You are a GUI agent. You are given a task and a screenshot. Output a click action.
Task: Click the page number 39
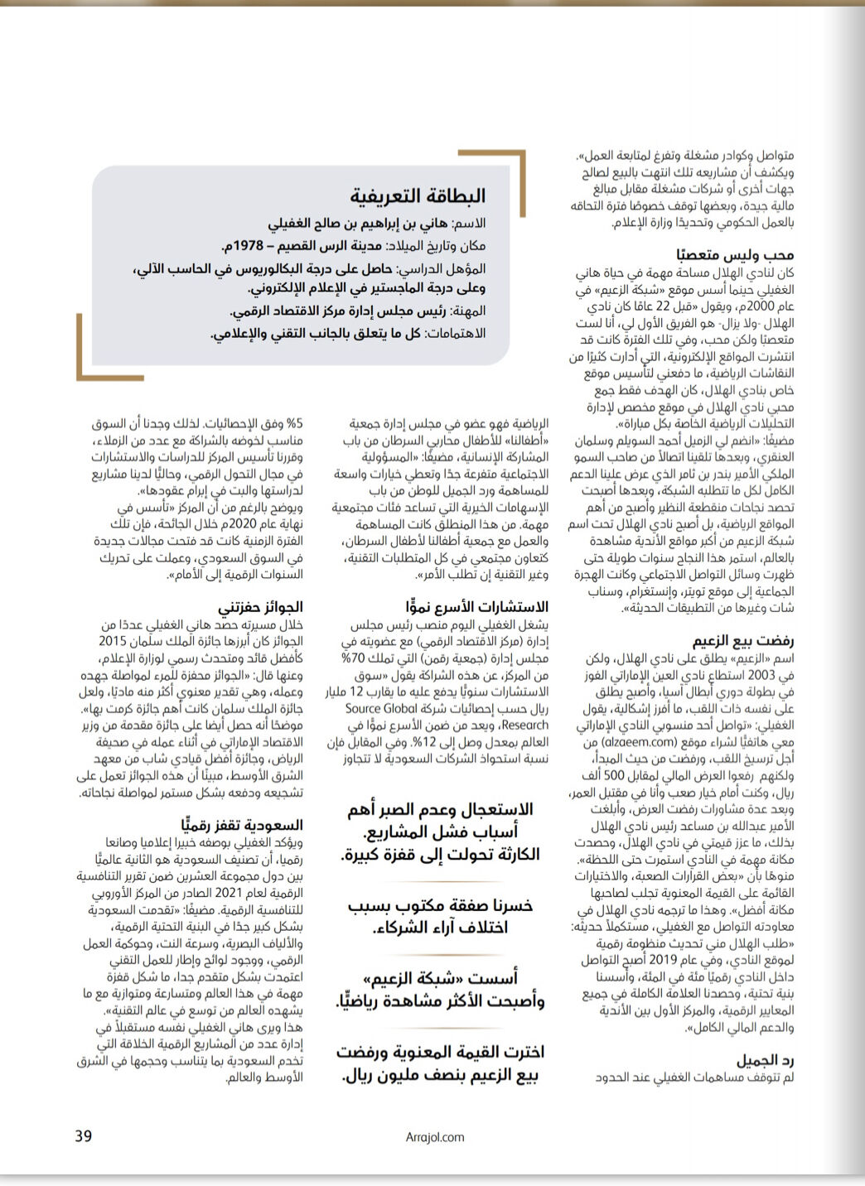84,1135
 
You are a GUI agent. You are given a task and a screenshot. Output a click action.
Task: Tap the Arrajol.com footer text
435,1137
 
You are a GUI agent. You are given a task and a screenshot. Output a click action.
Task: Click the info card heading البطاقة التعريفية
418,196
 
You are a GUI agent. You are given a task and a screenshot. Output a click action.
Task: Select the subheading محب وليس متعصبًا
734,255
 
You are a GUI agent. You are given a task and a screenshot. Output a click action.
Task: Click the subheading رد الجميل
765,1060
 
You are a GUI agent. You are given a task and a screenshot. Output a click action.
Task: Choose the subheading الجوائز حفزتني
260,607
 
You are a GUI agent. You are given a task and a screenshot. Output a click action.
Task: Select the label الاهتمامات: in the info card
457,333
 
